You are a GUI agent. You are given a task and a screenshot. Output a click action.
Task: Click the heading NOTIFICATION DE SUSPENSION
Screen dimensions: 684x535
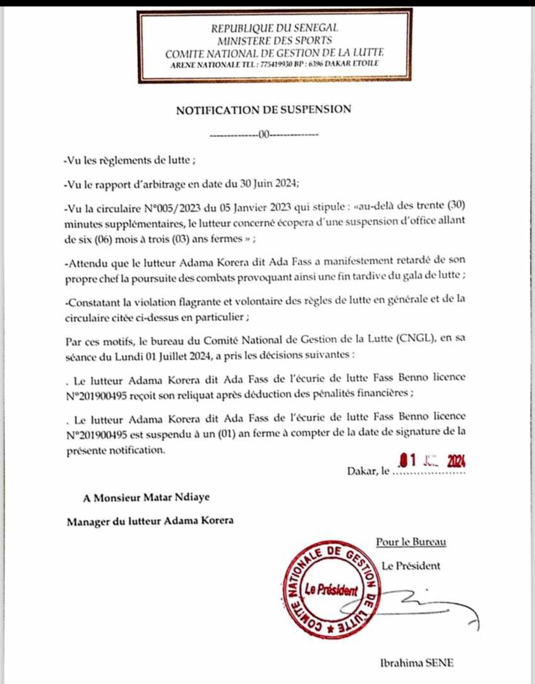coord(264,110)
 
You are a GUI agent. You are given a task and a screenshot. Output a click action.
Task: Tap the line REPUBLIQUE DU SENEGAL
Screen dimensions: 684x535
coord(274,28)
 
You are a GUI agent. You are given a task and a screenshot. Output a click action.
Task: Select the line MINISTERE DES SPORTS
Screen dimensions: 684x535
coord(274,41)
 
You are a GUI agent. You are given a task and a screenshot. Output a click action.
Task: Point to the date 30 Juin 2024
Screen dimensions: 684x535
coord(269,184)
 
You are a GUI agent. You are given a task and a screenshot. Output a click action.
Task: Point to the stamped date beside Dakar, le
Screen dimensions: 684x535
coord(432,461)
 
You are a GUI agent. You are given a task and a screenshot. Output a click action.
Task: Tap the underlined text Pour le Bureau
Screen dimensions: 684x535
coord(411,542)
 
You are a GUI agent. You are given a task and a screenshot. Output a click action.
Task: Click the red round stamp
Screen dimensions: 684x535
coord(330,589)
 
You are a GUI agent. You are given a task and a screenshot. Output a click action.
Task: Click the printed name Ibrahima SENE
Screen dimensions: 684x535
coord(417,663)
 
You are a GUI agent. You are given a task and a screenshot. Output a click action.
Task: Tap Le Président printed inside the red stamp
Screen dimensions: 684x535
coord(331,590)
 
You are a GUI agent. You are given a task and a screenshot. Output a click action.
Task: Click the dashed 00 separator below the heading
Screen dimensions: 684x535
coord(264,134)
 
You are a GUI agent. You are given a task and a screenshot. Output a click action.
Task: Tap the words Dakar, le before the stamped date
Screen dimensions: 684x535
coord(368,471)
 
